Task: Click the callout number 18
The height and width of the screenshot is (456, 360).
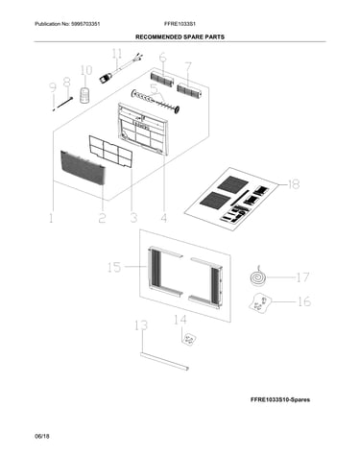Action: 294,184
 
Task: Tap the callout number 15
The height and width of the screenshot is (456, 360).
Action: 114,267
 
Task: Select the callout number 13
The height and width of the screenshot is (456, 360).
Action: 141,325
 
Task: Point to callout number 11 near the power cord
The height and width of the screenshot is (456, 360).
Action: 117,54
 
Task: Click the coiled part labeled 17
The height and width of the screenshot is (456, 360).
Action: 258,277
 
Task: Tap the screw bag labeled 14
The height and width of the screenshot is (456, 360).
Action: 189,339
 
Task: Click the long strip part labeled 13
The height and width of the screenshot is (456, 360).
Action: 164,362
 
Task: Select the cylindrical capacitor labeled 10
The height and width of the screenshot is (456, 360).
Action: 85,96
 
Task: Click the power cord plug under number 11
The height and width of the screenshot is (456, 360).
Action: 106,78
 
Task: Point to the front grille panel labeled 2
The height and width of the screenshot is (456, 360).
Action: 83,168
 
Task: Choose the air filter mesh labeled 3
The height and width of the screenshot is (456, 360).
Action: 110,152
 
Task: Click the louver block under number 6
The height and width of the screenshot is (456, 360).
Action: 162,79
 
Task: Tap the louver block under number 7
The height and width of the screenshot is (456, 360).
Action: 189,90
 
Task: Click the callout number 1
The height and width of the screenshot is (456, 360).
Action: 51,218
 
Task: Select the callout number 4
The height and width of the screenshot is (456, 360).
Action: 163,218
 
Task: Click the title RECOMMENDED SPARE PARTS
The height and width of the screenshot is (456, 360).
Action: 180,37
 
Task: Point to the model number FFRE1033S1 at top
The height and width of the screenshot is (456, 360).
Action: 180,24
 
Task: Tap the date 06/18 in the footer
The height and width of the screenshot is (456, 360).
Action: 42,436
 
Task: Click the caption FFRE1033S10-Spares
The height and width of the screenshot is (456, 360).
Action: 280,399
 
